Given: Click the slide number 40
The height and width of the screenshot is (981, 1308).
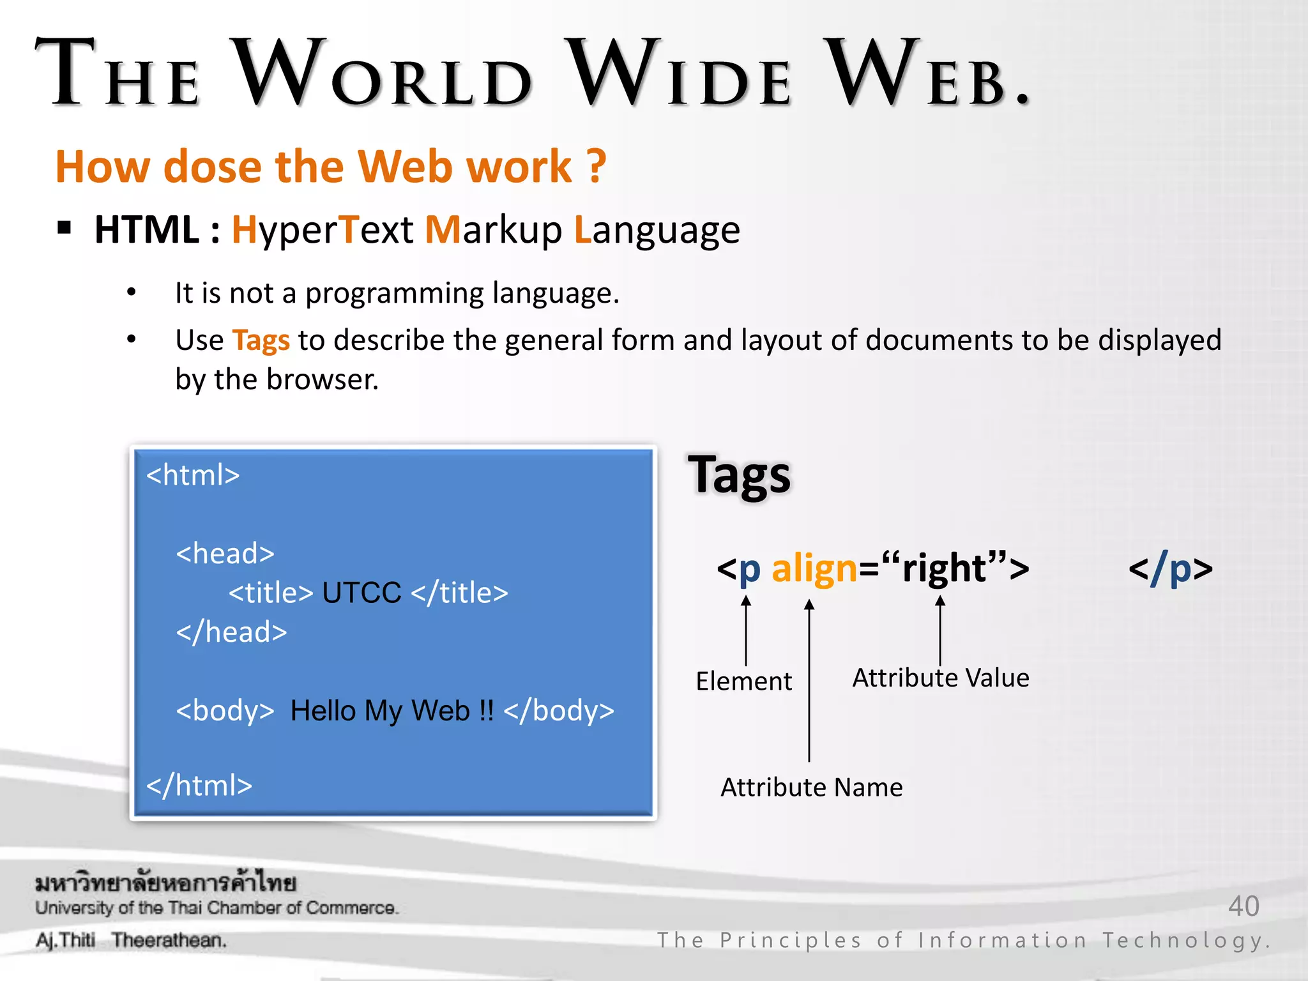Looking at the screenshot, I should (1243, 906).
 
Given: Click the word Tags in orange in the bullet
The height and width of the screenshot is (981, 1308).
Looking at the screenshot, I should (261, 340).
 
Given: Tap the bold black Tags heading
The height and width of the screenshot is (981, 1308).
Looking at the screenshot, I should (739, 476).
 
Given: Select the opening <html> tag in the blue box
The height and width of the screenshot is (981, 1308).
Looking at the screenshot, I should (193, 475).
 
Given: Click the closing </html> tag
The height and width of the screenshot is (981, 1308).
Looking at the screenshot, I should (199, 786).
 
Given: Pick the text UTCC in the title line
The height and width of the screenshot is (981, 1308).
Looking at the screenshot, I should (361, 593).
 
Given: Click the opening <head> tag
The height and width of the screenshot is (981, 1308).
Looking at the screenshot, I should (225, 553).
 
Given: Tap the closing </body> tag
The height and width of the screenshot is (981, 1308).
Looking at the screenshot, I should (559, 710).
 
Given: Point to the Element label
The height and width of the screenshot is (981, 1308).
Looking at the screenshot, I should (743, 681).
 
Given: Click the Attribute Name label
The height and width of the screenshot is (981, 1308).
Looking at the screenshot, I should (811, 787).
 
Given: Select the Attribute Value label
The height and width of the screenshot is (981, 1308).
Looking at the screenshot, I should (940, 678).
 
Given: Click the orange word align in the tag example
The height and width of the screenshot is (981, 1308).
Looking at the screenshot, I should (814, 568).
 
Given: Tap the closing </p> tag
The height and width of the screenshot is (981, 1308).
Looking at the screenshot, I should (1170, 568).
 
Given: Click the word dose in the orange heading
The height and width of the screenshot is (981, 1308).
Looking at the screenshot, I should (212, 167).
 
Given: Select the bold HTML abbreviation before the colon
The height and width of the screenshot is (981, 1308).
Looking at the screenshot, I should (147, 230).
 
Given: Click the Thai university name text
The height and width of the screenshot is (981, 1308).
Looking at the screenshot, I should (165, 883).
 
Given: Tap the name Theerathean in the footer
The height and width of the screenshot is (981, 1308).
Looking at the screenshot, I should (169, 940).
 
